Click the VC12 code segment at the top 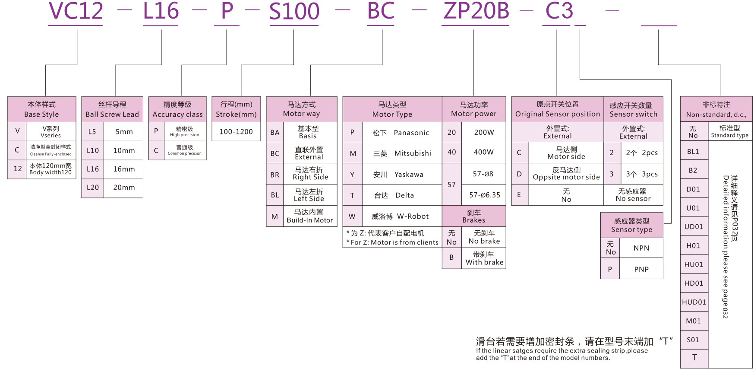click(76, 11)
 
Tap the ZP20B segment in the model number click(476, 11)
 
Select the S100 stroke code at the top click(294, 12)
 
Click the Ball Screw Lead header click(112, 109)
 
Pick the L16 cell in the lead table click(93, 169)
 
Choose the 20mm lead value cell click(124, 188)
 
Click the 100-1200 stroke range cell click(236, 132)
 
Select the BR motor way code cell click(275, 175)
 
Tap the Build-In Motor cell click(309, 216)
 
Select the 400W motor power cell click(483, 152)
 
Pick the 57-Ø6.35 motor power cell click(484, 195)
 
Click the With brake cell click(484, 258)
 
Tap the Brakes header click(474, 216)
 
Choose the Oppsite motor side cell click(566, 174)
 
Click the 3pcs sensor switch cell click(642, 174)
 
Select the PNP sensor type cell click(641, 269)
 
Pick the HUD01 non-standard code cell click(694, 302)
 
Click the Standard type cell click(730, 131)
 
